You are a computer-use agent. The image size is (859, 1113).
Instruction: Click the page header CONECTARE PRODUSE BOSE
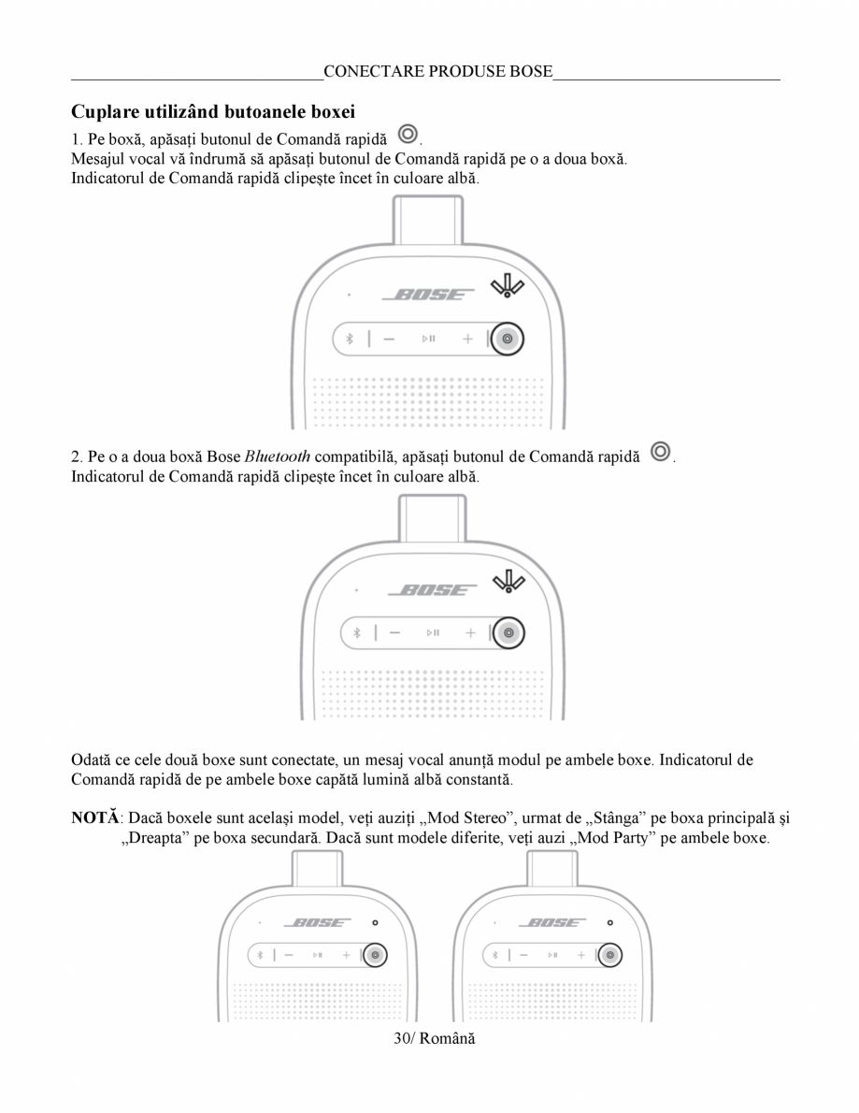pyautogui.click(x=437, y=71)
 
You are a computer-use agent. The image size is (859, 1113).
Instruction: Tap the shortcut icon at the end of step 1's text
pyautogui.click(x=408, y=134)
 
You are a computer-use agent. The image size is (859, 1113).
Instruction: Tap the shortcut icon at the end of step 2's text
pyautogui.click(x=661, y=453)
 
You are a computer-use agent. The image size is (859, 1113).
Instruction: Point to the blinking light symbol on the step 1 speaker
pyautogui.click(x=508, y=286)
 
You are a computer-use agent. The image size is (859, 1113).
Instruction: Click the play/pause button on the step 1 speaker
pyautogui.click(x=427, y=339)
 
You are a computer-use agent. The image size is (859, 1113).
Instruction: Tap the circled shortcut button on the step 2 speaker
pyautogui.click(x=508, y=633)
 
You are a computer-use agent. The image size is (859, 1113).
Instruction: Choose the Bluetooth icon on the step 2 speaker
pyautogui.click(x=356, y=633)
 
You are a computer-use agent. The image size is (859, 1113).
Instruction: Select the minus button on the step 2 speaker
pyautogui.click(x=394, y=633)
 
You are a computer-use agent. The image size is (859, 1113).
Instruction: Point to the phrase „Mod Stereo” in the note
pyautogui.click(x=466, y=818)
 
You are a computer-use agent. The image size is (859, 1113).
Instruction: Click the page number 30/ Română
pyautogui.click(x=434, y=1039)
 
